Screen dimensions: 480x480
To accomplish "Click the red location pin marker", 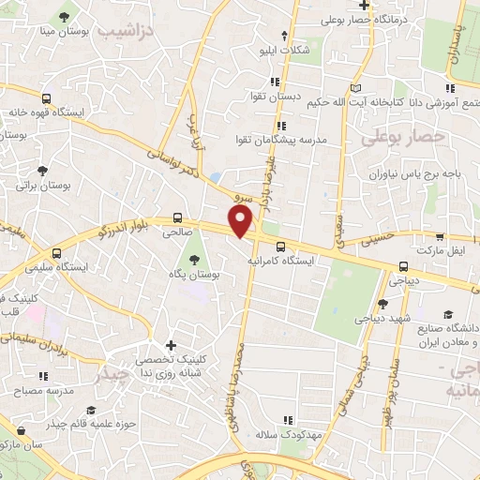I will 241,221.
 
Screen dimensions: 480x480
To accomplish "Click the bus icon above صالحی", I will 179,215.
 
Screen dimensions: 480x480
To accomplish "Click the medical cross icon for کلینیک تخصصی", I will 170,346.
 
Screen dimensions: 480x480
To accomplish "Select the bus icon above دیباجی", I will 402,265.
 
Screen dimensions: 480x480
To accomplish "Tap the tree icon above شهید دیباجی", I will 382,303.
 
